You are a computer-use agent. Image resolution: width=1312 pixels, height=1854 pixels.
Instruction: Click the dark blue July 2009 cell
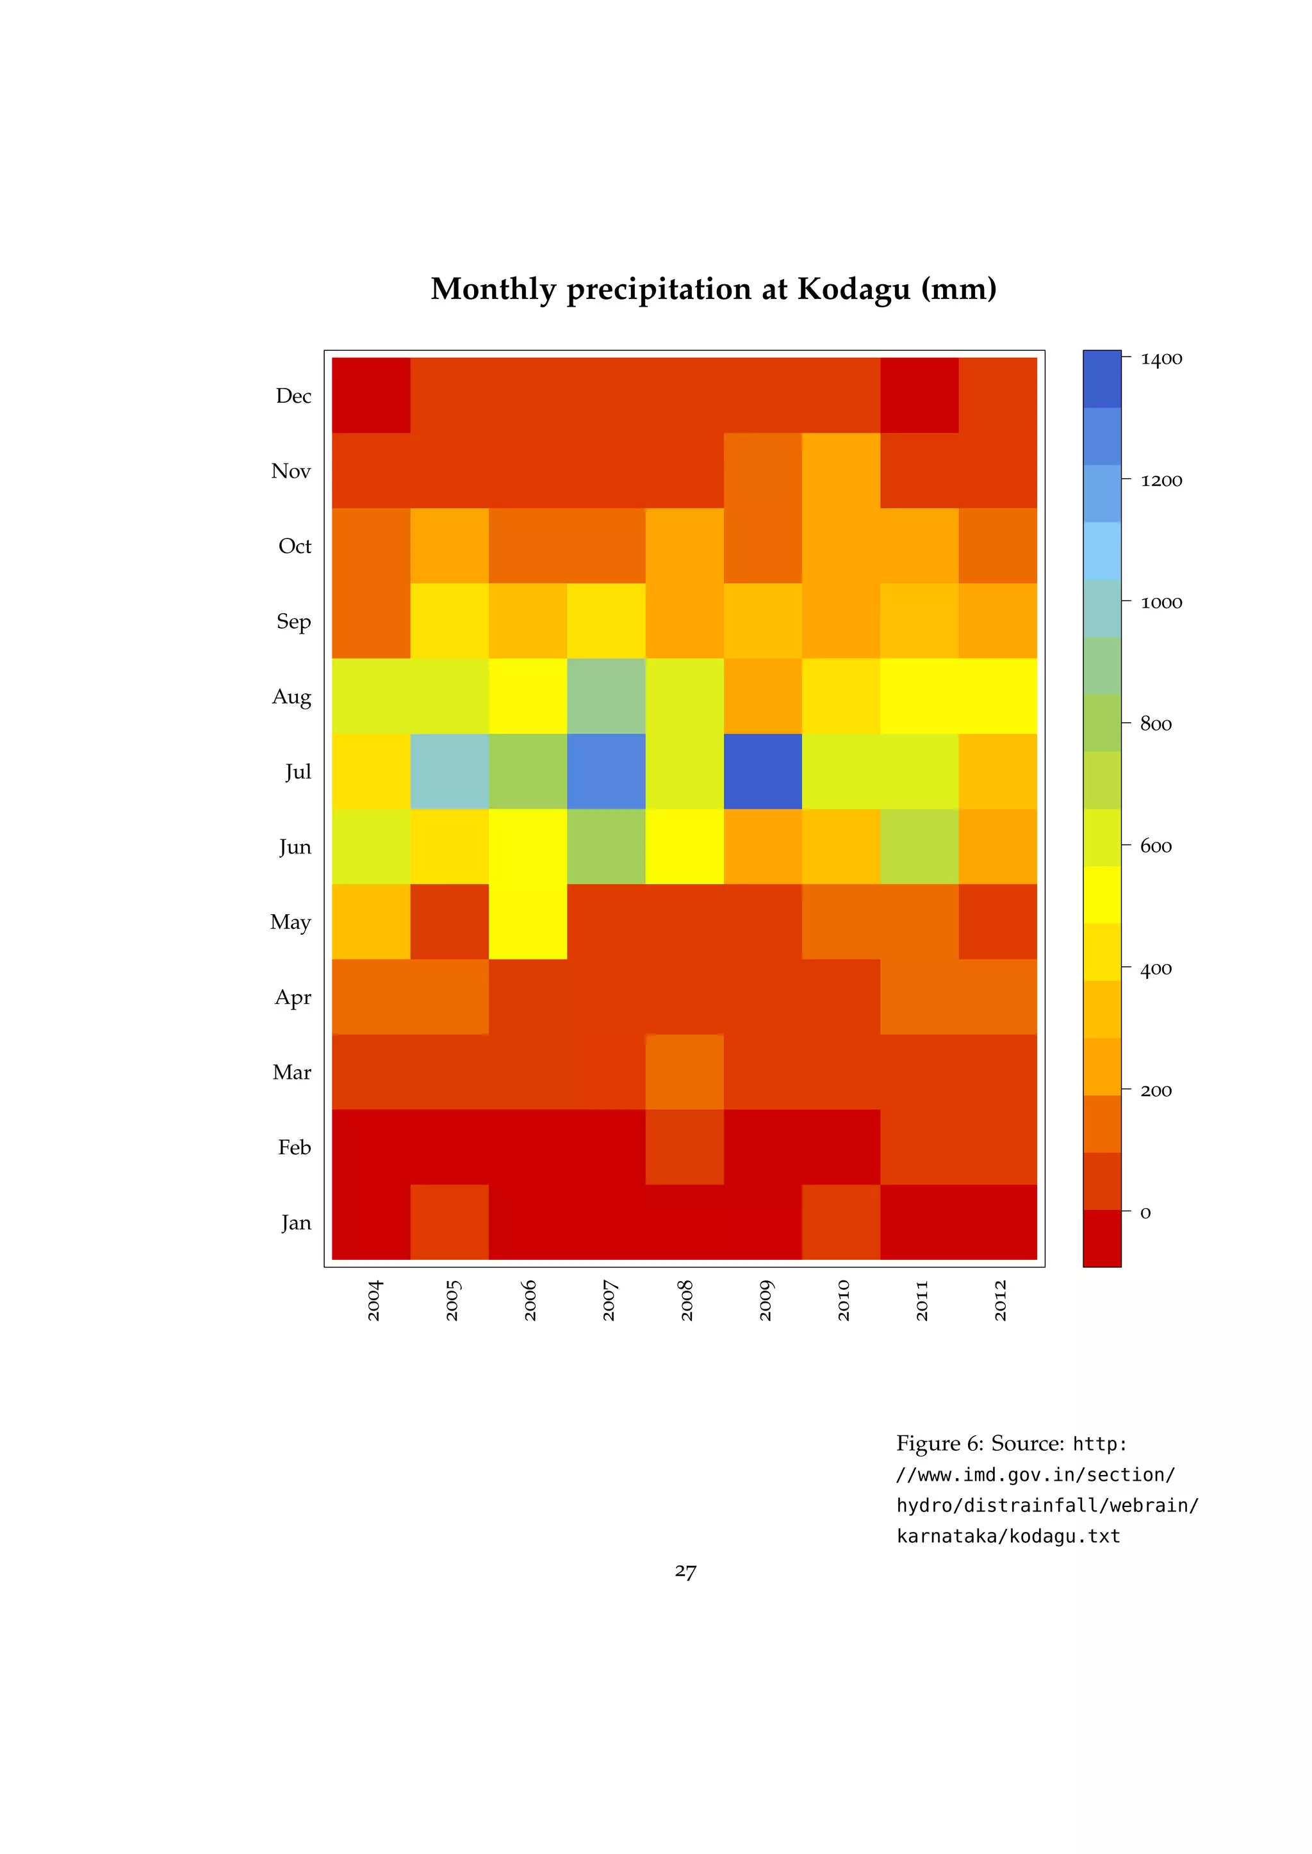[762, 771]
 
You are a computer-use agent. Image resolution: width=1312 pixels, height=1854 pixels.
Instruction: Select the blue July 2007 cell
[606, 771]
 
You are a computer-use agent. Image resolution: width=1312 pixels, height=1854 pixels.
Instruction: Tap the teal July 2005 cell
[449, 771]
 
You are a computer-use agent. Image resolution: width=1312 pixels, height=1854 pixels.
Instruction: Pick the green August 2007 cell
[606, 696]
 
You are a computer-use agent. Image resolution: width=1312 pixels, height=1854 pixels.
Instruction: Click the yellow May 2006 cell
[527, 921]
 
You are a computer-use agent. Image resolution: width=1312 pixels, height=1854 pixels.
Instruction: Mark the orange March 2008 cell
[684, 1072]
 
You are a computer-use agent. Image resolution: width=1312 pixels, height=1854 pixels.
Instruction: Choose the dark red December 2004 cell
[371, 396]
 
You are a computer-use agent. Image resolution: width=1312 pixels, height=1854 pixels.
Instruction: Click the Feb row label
[294, 1147]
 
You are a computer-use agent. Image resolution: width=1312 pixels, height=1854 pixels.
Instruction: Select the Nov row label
[291, 471]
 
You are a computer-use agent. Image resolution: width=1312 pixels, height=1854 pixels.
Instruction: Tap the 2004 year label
[374, 1300]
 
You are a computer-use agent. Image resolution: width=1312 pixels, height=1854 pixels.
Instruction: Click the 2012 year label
[1000, 1300]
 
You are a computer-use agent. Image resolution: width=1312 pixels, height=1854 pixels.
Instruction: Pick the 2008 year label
[687, 1300]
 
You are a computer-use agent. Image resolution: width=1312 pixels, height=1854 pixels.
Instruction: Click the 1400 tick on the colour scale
[1161, 359]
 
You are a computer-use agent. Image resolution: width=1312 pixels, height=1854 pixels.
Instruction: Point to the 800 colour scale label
[1155, 724]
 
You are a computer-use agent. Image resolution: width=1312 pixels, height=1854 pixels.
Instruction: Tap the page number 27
[685, 1570]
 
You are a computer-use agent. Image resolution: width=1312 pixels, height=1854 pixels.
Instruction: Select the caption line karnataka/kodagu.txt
[1008, 1536]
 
